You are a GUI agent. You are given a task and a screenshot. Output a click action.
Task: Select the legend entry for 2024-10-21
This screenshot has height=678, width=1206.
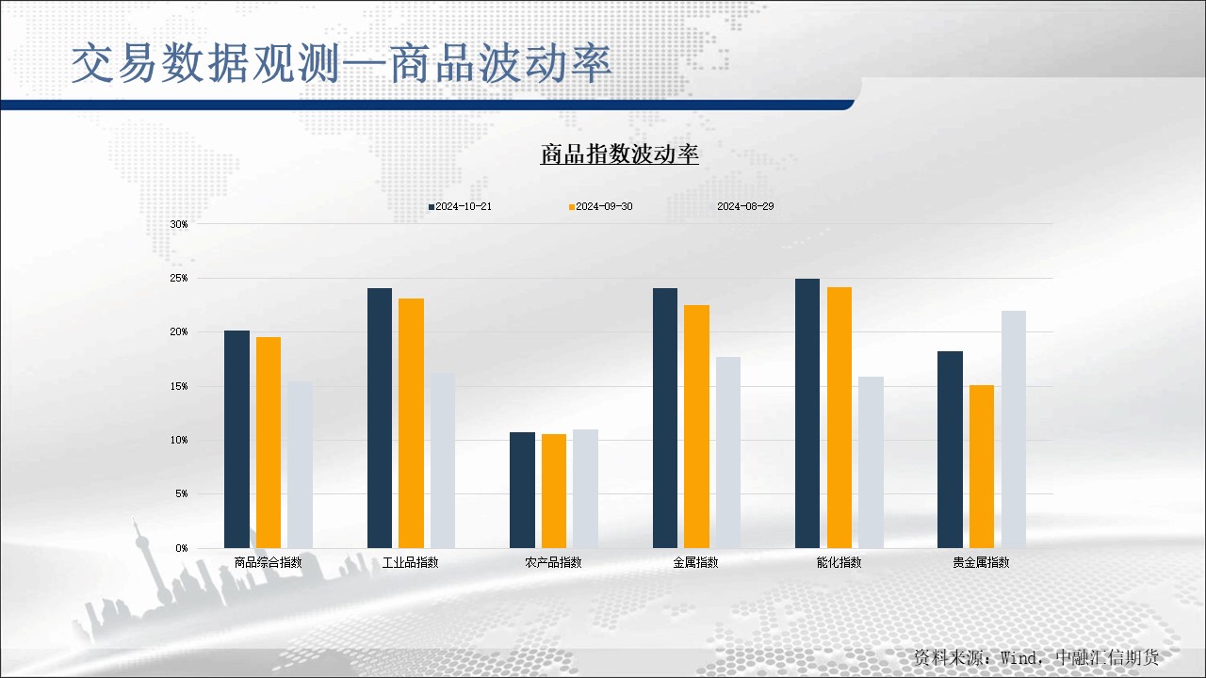click(460, 206)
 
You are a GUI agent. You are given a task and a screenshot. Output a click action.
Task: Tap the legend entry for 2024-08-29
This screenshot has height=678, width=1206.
click(744, 206)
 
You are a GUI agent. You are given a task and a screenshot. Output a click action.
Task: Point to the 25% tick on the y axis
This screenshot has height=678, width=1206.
click(179, 279)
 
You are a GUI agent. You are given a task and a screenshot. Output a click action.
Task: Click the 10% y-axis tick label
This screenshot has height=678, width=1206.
click(179, 440)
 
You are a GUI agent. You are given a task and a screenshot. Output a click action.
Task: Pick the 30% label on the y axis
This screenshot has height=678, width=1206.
click(179, 224)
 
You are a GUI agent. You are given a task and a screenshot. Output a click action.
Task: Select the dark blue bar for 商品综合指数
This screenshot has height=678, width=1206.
click(236, 439)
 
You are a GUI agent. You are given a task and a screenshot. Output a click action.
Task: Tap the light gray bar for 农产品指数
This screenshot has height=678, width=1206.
click(585, 489)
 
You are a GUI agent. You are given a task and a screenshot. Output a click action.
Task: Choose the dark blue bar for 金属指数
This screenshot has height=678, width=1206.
click(665, 418)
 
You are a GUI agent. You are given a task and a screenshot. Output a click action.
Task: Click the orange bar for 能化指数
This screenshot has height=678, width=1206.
click(839, 417)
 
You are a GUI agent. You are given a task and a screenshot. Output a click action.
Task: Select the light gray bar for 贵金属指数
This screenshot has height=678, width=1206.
click(1014, 429)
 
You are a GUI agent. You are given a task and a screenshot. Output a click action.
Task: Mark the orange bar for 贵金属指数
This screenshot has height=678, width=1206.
click(982, 466)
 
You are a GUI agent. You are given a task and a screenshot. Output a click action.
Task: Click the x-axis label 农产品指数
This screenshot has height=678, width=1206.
click(553, 562)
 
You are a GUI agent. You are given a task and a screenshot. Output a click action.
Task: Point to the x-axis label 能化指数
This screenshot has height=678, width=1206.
click(839, 562)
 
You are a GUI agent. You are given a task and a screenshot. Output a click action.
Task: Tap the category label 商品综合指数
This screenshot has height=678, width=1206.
click(268, 562)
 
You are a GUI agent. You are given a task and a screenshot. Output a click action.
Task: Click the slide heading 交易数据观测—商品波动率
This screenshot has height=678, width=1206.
click(342, 64)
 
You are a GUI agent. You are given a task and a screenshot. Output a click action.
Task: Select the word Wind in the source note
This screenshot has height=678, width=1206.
click(1019, 657)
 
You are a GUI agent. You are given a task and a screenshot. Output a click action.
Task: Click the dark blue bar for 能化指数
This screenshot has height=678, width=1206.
click(807, 413)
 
